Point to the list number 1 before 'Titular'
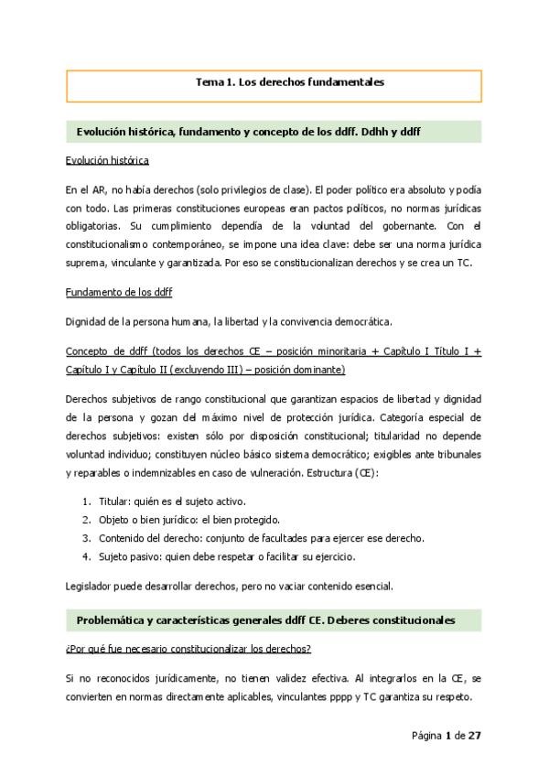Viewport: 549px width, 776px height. pyautogui.click(x=86, y=501)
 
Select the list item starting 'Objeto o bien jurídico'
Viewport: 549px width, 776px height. pyautogui.click(x=174, y=520)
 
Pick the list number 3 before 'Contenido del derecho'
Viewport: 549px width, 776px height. pyautogui.click(x=86, y=538)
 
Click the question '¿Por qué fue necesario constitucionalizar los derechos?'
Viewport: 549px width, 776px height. pyautogui.click(x=188, y=649)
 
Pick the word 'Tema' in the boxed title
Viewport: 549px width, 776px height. pyautogui.click(x=209, y=82)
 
